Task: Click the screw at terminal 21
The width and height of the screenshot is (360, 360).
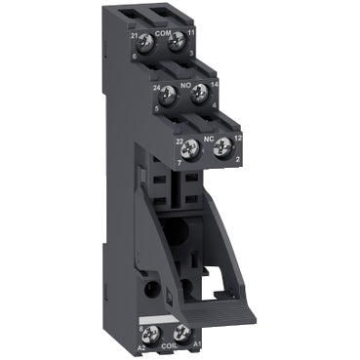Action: [x=144, y=41]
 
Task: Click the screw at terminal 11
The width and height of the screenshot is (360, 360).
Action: [x=176, y=41]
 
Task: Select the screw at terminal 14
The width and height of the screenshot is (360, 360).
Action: [x=200, y=94]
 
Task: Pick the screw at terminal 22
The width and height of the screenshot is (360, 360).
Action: [x=193, y=148]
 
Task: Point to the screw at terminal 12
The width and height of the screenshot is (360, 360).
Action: [x=222, y=147]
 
